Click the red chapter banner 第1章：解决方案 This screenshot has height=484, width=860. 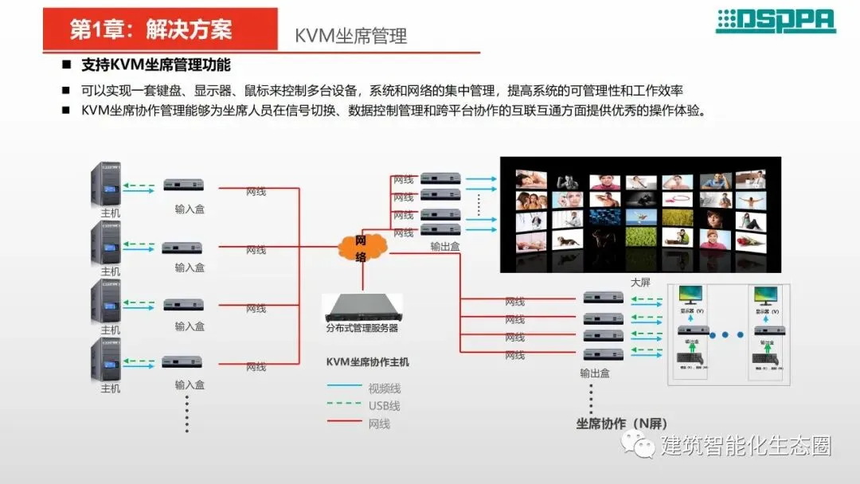151,29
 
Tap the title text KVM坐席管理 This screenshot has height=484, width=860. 351,36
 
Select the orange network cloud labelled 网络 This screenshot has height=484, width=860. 361,248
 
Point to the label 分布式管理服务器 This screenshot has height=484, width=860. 362,327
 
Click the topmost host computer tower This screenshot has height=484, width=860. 106,185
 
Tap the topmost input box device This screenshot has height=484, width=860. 189,185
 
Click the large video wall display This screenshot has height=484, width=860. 639,214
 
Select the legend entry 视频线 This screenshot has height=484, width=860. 384,388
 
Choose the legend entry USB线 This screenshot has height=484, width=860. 384,406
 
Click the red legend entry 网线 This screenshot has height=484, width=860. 379,424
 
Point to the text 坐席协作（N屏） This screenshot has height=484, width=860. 622,423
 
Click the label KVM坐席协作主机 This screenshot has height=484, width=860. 367,361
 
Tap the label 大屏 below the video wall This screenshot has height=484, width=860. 640,282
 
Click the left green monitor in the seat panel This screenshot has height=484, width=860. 690,295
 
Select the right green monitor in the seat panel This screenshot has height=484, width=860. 766,295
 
